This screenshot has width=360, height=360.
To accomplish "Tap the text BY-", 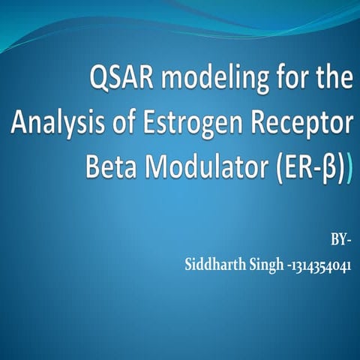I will [x=341, y=241].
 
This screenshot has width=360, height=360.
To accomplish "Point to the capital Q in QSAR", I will [x=99, y=80].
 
